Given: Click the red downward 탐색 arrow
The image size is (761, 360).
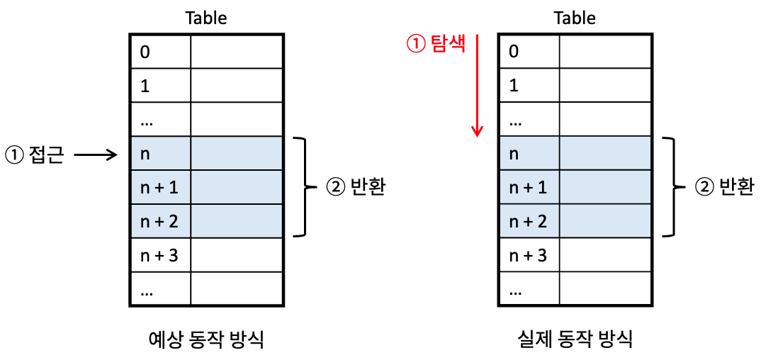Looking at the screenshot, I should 477,84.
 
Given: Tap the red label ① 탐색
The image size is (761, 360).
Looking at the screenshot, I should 436,44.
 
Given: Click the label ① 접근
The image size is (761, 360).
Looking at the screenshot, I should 34,154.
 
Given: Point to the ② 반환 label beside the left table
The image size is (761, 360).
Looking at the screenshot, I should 355,187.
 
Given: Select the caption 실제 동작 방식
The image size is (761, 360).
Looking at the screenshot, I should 575,339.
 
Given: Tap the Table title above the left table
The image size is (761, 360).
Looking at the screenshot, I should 206,18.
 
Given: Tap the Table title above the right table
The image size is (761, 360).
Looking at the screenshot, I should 575,18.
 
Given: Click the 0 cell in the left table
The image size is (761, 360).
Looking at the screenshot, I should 160,51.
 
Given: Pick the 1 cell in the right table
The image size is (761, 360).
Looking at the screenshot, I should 529,85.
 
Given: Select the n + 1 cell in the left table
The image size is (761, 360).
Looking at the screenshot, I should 160,188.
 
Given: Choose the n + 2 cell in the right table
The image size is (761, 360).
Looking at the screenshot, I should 529,221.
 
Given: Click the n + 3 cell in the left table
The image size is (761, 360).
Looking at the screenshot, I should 160,255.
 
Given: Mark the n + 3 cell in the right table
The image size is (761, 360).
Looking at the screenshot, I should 529,255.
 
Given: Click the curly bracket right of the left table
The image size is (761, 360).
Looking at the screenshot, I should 305,187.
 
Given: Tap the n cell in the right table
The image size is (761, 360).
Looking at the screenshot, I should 529,154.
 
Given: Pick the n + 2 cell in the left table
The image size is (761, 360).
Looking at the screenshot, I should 160,221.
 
